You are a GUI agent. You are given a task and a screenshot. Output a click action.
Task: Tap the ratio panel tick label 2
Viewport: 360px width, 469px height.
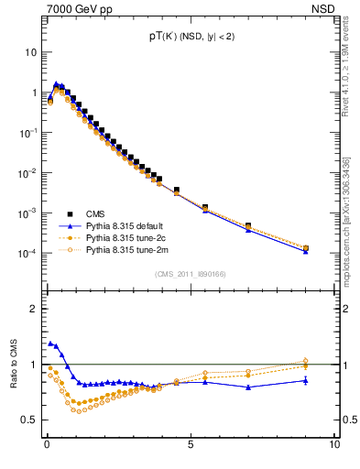(36, 309)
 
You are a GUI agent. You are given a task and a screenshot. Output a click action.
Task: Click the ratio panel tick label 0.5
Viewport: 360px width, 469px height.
(31, 420)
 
